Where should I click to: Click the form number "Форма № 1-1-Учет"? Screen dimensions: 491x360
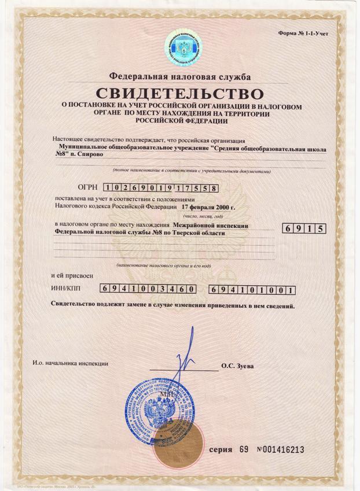303,34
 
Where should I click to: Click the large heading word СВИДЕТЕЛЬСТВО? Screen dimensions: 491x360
179,93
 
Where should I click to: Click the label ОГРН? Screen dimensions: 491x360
87,187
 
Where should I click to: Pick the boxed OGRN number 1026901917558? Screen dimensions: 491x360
161,187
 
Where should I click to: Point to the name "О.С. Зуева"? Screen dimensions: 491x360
237,366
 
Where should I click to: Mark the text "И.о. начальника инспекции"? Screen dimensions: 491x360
71,363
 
